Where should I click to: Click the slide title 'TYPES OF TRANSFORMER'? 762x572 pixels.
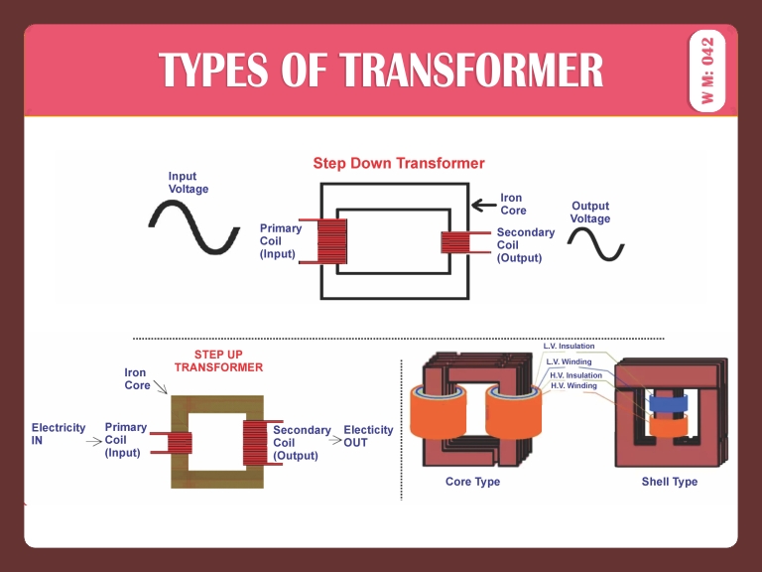click(x=381, y=71)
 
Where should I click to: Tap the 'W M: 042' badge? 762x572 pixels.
click(x=706, y=71)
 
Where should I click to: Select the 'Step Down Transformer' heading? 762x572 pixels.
click(x=399, y=163)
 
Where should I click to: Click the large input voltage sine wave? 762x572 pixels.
click(x=194, y=226)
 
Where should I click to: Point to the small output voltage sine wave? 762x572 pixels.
click(x=595, y=243)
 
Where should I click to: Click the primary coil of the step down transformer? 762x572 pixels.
click(x=331, y=241)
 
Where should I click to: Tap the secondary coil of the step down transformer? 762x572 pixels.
click(x=453, y=242)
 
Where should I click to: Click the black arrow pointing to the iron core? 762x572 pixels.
click(x=483, y=206)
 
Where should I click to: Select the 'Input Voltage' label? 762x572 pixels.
click(x=189, y=183)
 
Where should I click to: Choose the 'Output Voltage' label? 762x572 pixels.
click(x=590, y=213)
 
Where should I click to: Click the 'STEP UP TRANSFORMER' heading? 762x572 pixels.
click(x=218, y=360)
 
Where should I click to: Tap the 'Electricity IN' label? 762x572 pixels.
click(x=59, y=434)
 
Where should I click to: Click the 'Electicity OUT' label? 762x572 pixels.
click(x=368, y=436)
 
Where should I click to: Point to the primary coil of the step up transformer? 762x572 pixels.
click(x=179, y=442)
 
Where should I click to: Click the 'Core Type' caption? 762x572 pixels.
click(x=473, y=482)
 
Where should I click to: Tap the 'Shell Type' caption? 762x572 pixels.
click(x=670, y=482)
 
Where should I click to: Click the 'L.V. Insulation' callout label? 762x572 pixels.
click(x=570, y=346)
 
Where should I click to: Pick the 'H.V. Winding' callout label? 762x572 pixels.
click(x=573, y=385)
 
